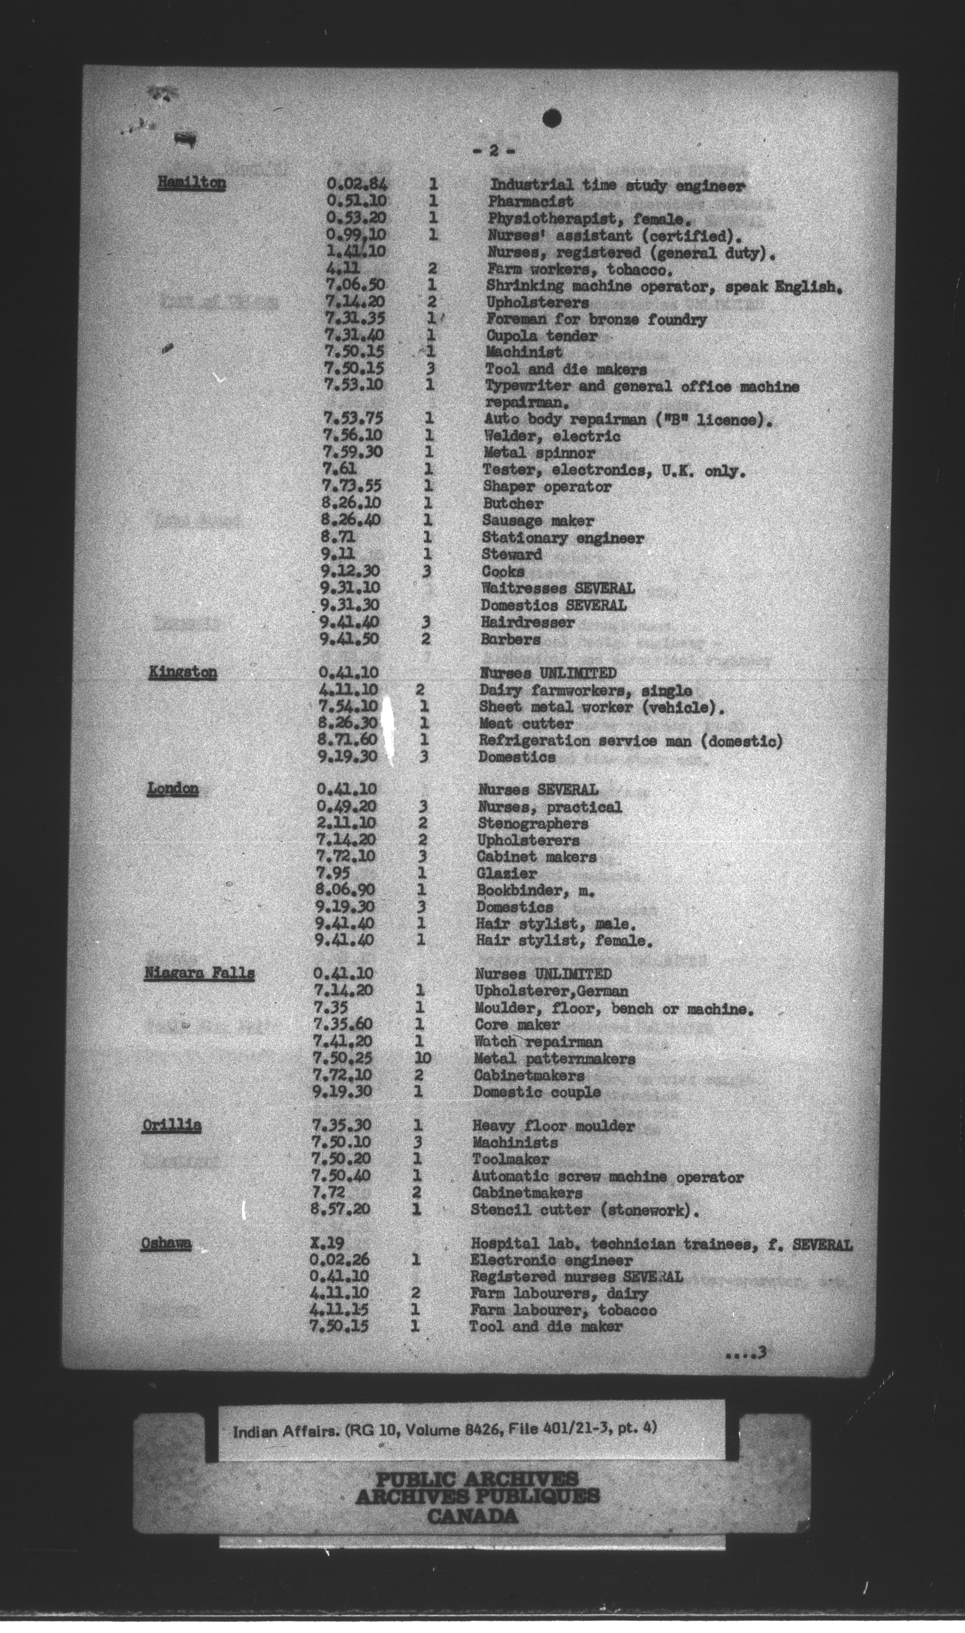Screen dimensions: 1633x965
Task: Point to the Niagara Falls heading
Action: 198,973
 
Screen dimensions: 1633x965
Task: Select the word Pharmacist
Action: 531,201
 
